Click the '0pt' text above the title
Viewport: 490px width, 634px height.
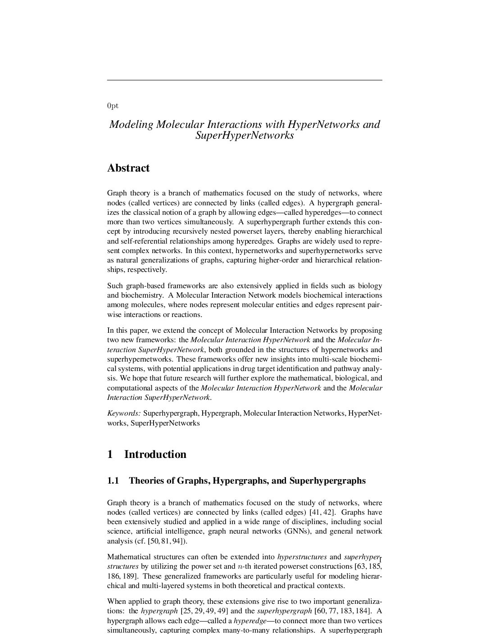coord(113,106)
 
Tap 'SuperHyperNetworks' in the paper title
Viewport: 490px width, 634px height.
coord(245,135)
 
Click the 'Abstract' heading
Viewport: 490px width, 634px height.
coord(128,168)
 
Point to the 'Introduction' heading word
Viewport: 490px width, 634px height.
coord(155,454)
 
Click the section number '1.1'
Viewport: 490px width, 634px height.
coord(113,480)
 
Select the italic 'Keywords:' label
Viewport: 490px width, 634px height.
coord(124,413)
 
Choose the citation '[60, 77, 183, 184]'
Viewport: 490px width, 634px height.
coord(343,611)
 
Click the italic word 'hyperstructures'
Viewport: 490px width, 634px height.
coord(302,557)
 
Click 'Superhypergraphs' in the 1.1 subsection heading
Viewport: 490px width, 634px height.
coord(327,480)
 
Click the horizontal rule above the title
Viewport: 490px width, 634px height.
coord(245,80)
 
